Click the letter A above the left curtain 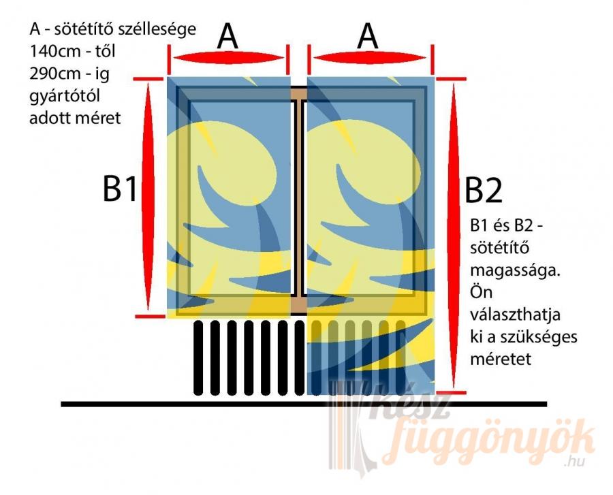coord(227,37)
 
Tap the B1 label coord(120,189)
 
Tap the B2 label coord(483,192)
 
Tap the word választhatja coord(513,315)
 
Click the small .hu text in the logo coord(574,464)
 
